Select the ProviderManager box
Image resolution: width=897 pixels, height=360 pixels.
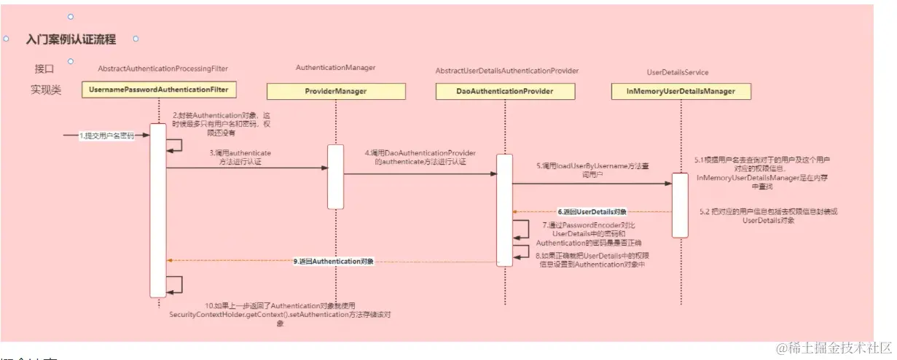(x=335, y=91)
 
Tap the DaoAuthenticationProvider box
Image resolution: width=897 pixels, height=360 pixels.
(x=506, y=91)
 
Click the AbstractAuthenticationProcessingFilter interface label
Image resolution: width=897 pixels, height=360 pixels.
(x=162, y=69)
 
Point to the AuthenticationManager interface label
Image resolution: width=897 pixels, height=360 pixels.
(x=335, y=67)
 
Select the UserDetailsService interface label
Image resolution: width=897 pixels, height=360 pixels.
(x=678, y=72)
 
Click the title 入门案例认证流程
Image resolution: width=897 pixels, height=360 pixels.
(x=71, y=39)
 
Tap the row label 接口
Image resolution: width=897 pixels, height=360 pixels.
(x=44, y=69)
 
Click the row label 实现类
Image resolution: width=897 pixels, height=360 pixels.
(x=45, y=90)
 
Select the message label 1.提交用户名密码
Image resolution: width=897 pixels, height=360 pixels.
(x=106, y=136)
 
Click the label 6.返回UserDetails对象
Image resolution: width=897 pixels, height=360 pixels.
(x=592, y=211)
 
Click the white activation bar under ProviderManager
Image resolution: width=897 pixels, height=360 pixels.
(x=335, y=176)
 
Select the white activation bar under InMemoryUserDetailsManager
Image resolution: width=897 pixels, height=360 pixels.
(x=679, y=205)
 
